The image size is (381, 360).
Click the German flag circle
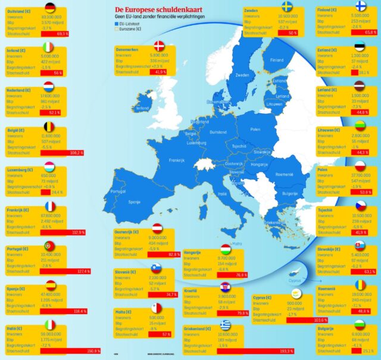point(50,8)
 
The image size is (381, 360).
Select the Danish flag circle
point(160,47)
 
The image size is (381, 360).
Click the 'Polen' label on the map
point(255,129)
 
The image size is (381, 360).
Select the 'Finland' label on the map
point(277,60)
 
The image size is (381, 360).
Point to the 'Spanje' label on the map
point(134,201)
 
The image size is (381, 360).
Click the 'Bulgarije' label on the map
point(290,194)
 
